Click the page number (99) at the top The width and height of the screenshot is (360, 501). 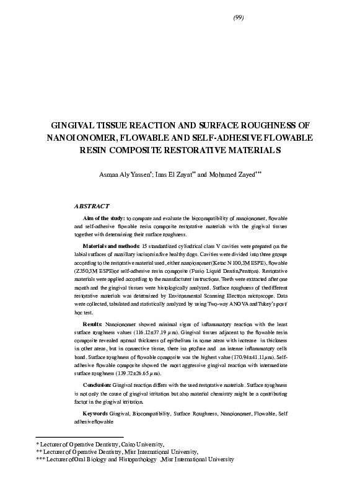239,17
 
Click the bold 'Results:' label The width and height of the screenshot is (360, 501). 94,324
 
